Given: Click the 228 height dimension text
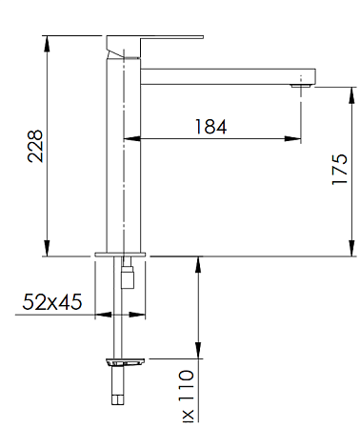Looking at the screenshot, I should pyautogui.click(x=35, y=146).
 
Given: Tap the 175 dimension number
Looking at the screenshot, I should pyautogui.click(x=340, y=172).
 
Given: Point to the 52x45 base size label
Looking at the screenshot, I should pyautogui.click(x=52, y=302).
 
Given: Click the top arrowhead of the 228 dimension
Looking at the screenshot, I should pyautogui.click(x=45, y=41).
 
